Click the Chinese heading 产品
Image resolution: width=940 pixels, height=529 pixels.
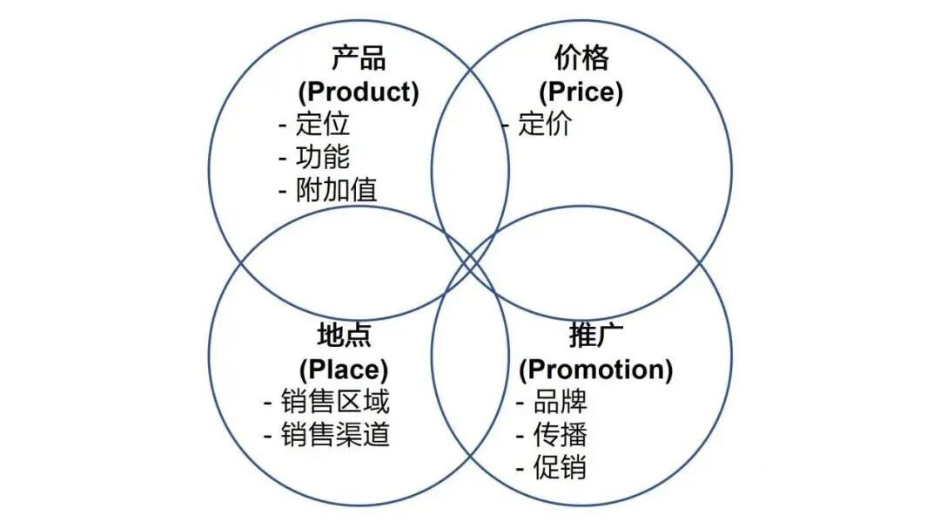(359, 58)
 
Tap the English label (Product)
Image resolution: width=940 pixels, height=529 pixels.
(359, 92)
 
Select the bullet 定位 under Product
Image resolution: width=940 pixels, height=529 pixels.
(322, 124)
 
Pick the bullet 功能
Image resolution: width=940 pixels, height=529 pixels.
(322, 157)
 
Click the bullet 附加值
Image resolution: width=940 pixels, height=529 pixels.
(336, 190)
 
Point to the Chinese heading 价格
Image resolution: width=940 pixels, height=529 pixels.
(581, 58)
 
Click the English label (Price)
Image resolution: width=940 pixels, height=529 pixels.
(581, 92)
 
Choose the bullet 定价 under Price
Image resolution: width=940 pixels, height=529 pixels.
(545, 124)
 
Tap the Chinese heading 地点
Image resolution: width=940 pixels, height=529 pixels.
(344, 336)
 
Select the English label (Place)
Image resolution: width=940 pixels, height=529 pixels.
(344, 369)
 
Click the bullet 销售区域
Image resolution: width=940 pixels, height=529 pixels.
(335, 402)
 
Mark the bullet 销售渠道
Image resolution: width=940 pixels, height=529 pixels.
(335, 434)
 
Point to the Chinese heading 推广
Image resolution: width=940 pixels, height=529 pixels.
(595, 336)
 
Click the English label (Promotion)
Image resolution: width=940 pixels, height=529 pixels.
(595, 369)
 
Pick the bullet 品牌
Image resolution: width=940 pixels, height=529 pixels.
(560, 402)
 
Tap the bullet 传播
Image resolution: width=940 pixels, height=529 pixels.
(560, 434)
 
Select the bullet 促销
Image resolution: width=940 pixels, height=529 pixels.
(560, 467)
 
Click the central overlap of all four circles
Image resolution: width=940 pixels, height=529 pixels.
(470, 262)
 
